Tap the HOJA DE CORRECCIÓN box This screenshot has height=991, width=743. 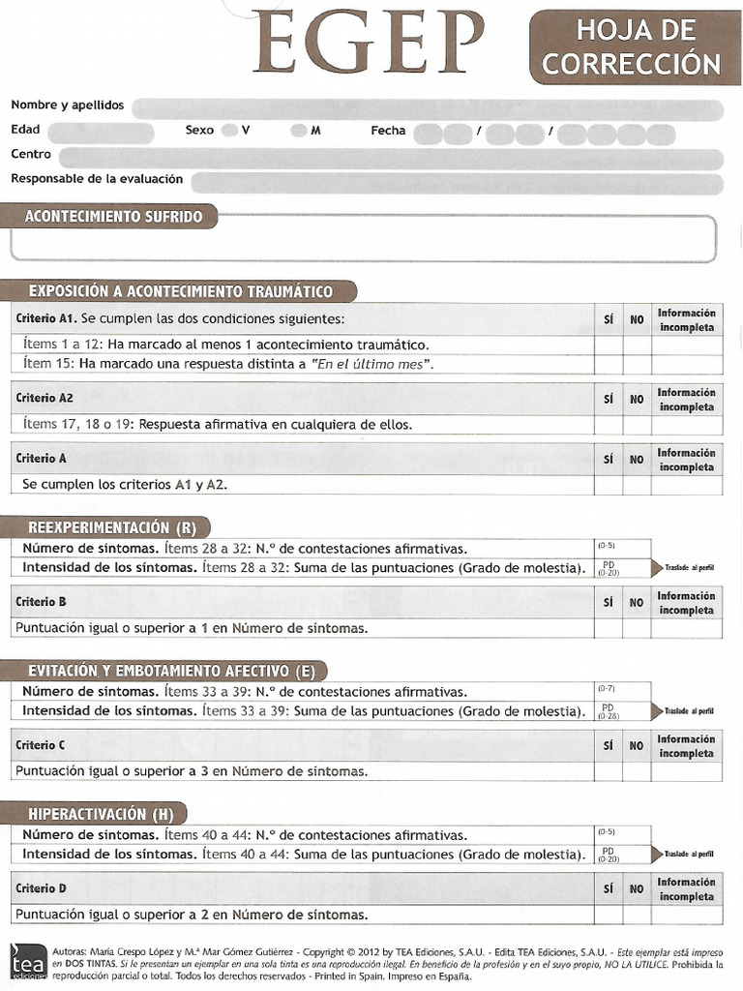(636, 47)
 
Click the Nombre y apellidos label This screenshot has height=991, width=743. (68, 105)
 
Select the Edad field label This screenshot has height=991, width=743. (26, 130)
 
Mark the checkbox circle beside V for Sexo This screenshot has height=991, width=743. (229, 131)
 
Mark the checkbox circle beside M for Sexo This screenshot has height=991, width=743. (299, 131)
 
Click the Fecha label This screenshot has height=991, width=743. (388, 131)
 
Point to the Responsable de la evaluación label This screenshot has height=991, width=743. (97, 179)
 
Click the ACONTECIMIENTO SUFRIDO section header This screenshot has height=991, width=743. (113, 216)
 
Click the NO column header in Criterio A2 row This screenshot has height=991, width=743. (636, 399)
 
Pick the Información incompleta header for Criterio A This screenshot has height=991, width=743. (686, 460)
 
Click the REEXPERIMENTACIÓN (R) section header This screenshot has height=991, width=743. (111, 527)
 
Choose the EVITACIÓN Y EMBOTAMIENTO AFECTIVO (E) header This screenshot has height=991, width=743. (170, 671)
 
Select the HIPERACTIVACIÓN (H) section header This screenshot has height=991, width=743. (101, 814)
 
